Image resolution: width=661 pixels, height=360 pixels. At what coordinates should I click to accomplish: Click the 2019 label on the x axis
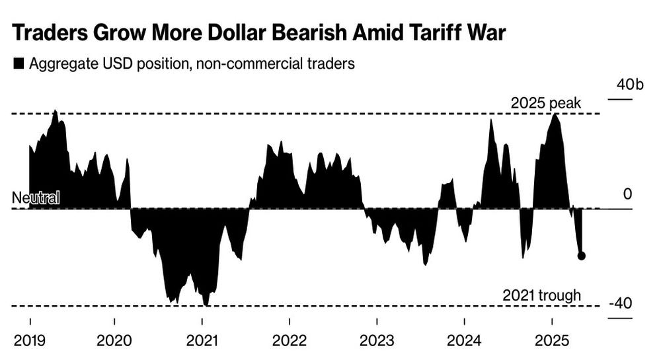pyautogui.click(x=30, y=340)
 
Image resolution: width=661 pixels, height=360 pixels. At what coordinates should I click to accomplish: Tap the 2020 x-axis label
pyautogui.click(x=114, y=340)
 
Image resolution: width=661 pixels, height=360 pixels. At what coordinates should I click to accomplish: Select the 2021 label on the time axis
pyautogui.click(x=202, y=340)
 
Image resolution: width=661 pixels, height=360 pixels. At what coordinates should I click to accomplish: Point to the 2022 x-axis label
pyautogui.click(x=290, y=340)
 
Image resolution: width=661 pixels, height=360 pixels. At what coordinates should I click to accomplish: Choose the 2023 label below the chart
pyautogui.click(x=377, y=340)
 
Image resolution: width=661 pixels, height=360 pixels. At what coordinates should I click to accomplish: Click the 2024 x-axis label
pyautogui.click(x=464, y=340)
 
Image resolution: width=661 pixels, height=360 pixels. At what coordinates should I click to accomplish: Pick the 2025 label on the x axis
pyautogui.click(x=552, y=340)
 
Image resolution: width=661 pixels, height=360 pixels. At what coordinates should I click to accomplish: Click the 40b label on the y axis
pyautogui.click(x=630, y=85)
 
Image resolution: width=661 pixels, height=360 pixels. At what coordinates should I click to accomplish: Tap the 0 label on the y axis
pyautogui.click(x=628, y=194)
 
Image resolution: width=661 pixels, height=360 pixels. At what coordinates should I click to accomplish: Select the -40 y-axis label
pyautogui.click(x=621, y=303)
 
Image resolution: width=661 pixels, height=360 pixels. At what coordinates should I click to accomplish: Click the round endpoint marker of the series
pyautogui.click(x=581, y=256)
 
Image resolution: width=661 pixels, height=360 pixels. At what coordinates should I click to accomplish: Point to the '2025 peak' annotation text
pyautogui.click(x=546, y=103)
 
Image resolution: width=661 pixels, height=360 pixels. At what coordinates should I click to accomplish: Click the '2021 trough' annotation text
pyautogui.click(x=542, y=295)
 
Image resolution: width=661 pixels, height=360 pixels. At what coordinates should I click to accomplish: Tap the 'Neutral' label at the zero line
pyautogui.click(x=36, y=198)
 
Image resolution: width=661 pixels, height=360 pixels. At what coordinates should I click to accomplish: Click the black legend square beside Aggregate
pyautogui.click(x=19, y=64)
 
